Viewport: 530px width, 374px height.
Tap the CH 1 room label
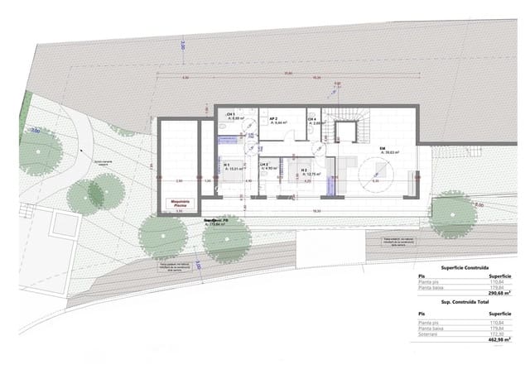click(232, 115)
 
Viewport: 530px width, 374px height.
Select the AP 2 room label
click(274, 119)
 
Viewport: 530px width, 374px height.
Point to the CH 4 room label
click(311, 121)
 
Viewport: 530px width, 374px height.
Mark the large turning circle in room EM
click(378, 175)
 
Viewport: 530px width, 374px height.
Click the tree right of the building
click(452, 214)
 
